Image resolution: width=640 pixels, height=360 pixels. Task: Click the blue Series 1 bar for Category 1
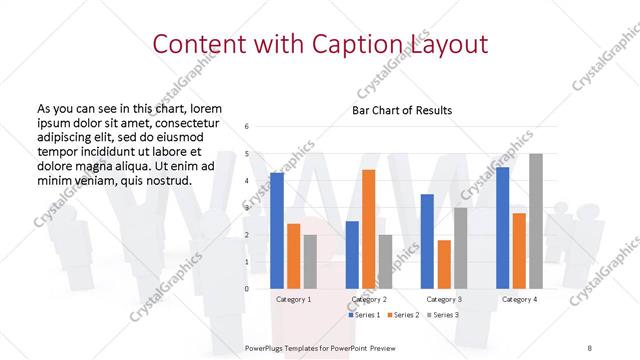click(x=277, y=231)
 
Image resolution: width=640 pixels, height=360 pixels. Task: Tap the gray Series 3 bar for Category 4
click(x=536, y=221)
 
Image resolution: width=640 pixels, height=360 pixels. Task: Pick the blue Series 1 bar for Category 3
click(x=427, y=241)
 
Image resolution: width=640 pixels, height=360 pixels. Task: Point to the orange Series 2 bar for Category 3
click(x=443, y=264)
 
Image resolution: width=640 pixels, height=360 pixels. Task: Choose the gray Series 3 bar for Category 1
click(x=309, y=262)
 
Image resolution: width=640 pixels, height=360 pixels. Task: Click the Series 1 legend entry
click(x=364, y=315)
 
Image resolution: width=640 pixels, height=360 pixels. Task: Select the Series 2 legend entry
click(x=402, y=315)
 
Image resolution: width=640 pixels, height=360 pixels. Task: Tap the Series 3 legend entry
click(x=443, y=315)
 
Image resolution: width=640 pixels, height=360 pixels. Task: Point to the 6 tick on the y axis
click(x=247, y=127)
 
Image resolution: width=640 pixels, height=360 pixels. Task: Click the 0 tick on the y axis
click(x=247, y=289)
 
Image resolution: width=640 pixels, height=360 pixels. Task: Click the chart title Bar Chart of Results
click(x=402, y=109)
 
